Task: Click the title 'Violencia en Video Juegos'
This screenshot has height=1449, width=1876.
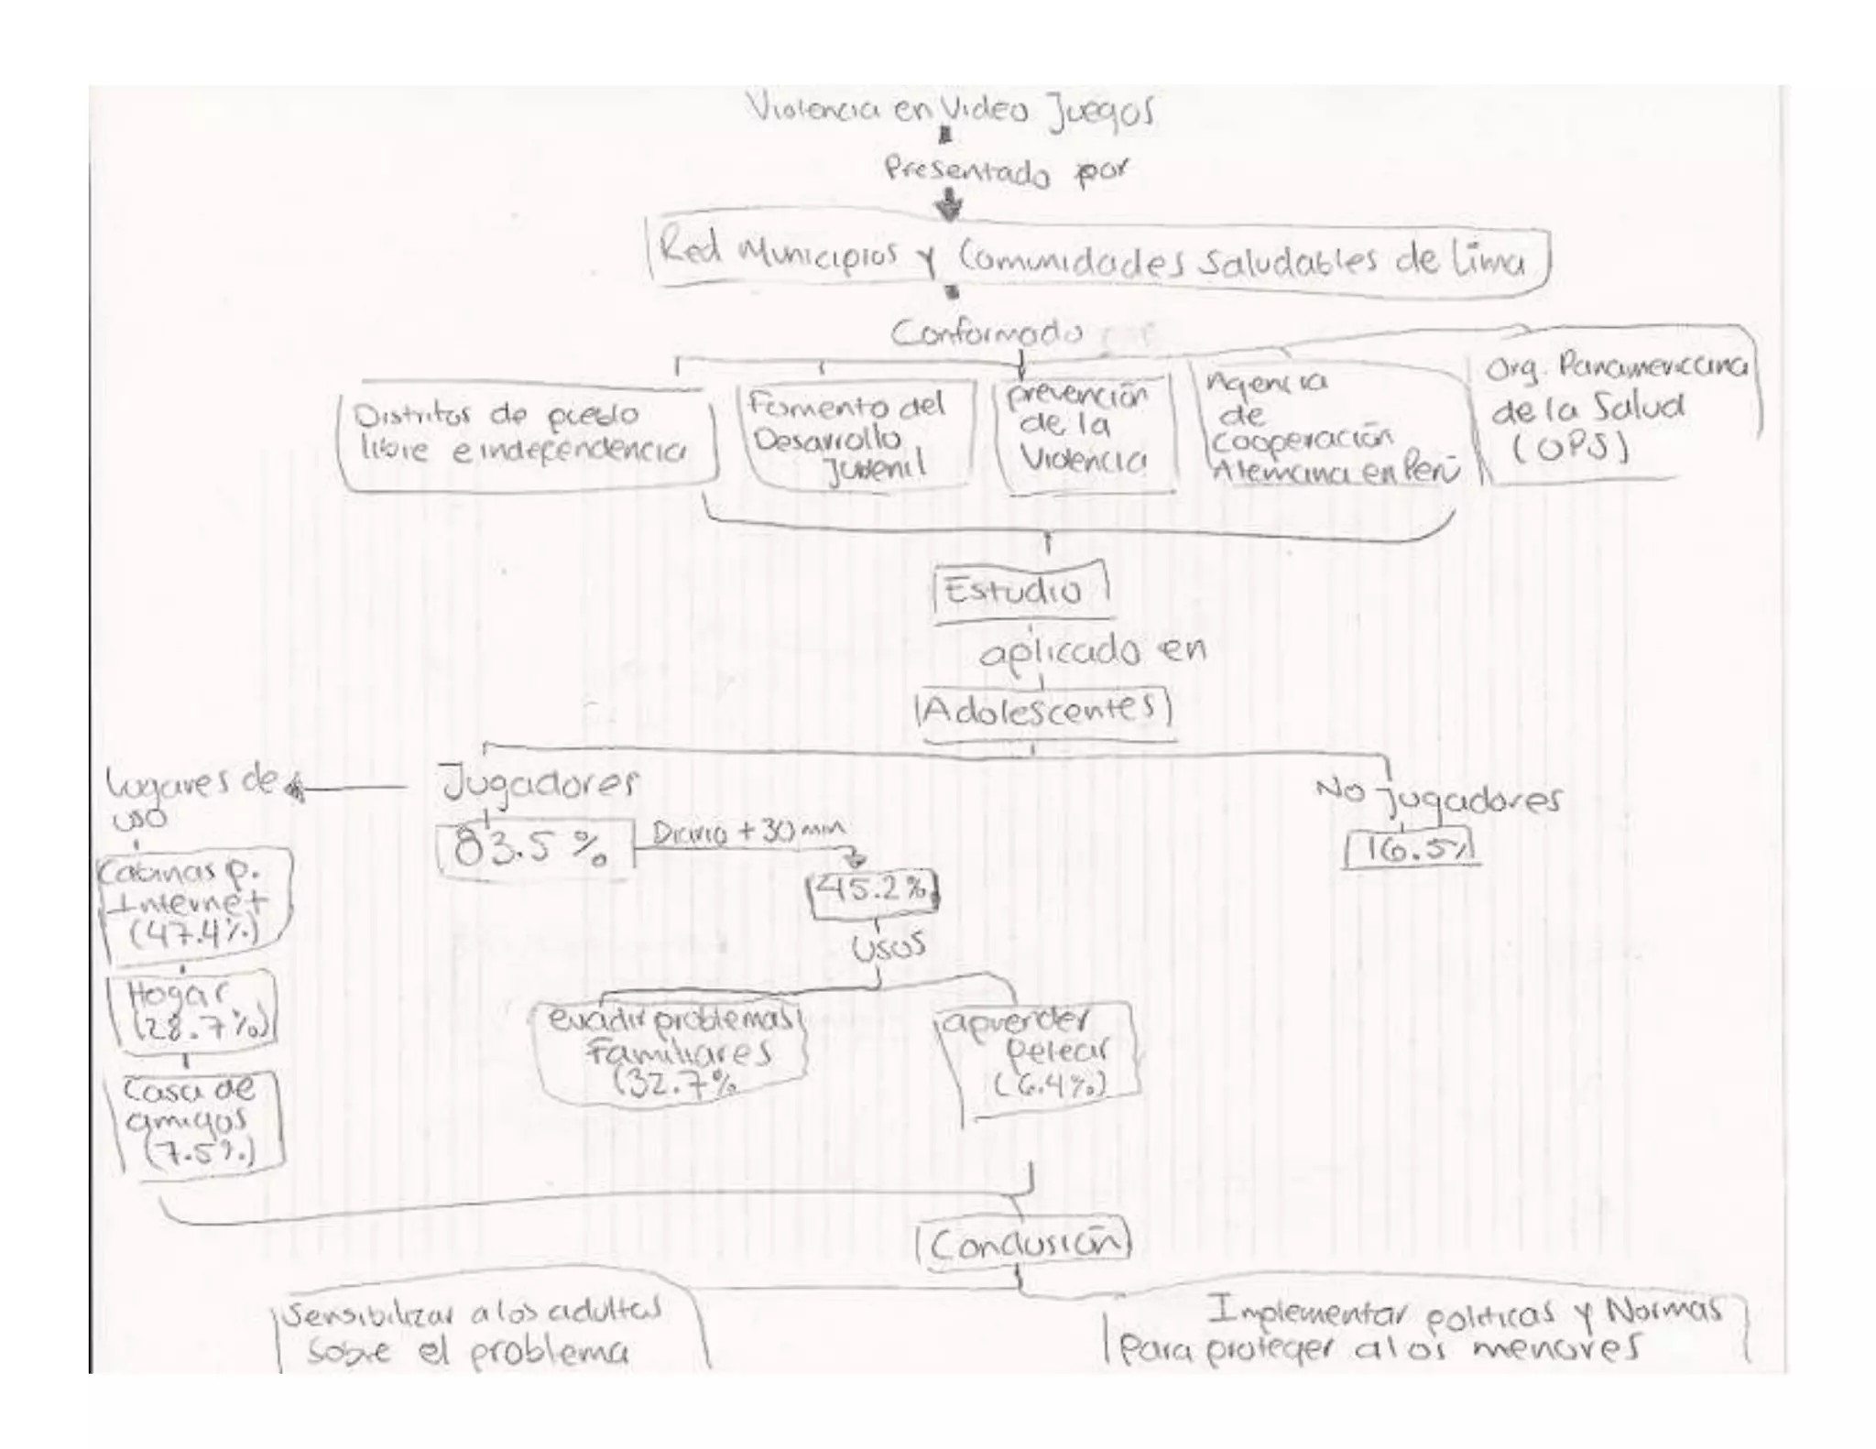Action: [x=951, y=113]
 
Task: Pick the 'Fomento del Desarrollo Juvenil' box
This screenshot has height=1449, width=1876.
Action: [x=852, y=436]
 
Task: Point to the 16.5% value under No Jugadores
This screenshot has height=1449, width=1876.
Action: [x=1411, y=849]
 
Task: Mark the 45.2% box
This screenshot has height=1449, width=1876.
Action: [x=873, y=891]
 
